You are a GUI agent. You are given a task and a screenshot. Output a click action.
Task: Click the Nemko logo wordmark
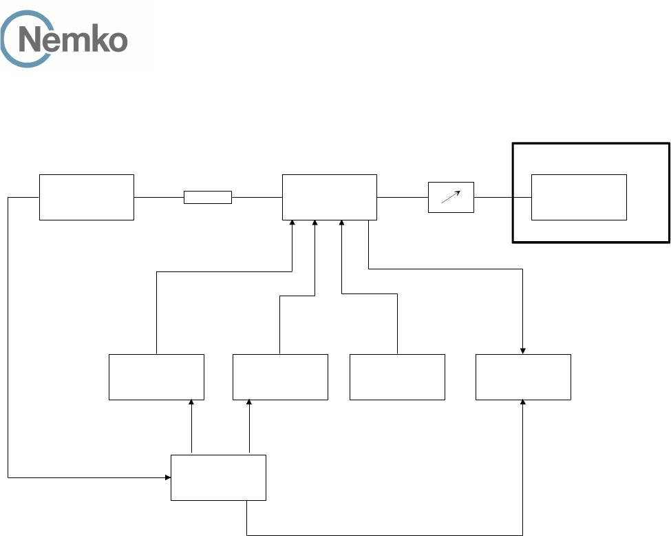pos(72,40)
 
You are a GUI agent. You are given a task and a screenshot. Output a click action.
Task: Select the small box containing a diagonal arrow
pos(451,197)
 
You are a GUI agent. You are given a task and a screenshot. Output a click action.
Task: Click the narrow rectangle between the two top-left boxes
pos(207,198)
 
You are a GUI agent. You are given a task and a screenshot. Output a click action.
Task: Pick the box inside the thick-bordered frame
pos(579,197)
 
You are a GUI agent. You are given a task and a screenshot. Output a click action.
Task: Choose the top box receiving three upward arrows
pos(330,197)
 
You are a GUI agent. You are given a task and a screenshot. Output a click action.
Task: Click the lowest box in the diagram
pos(218,477)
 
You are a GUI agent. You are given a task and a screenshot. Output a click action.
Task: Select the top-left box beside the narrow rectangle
pos(86,197)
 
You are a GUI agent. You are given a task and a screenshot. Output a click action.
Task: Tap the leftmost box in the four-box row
pos(156,377)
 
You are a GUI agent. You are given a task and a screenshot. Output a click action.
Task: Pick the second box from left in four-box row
pos(280,377)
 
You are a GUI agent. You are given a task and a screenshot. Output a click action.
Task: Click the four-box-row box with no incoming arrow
pos(397,377)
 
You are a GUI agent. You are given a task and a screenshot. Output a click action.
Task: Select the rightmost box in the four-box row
pos(523,377)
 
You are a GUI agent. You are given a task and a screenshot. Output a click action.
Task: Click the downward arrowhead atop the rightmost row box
pos(523,351)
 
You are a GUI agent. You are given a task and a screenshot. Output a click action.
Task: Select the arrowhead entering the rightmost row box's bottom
pos(523,403)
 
